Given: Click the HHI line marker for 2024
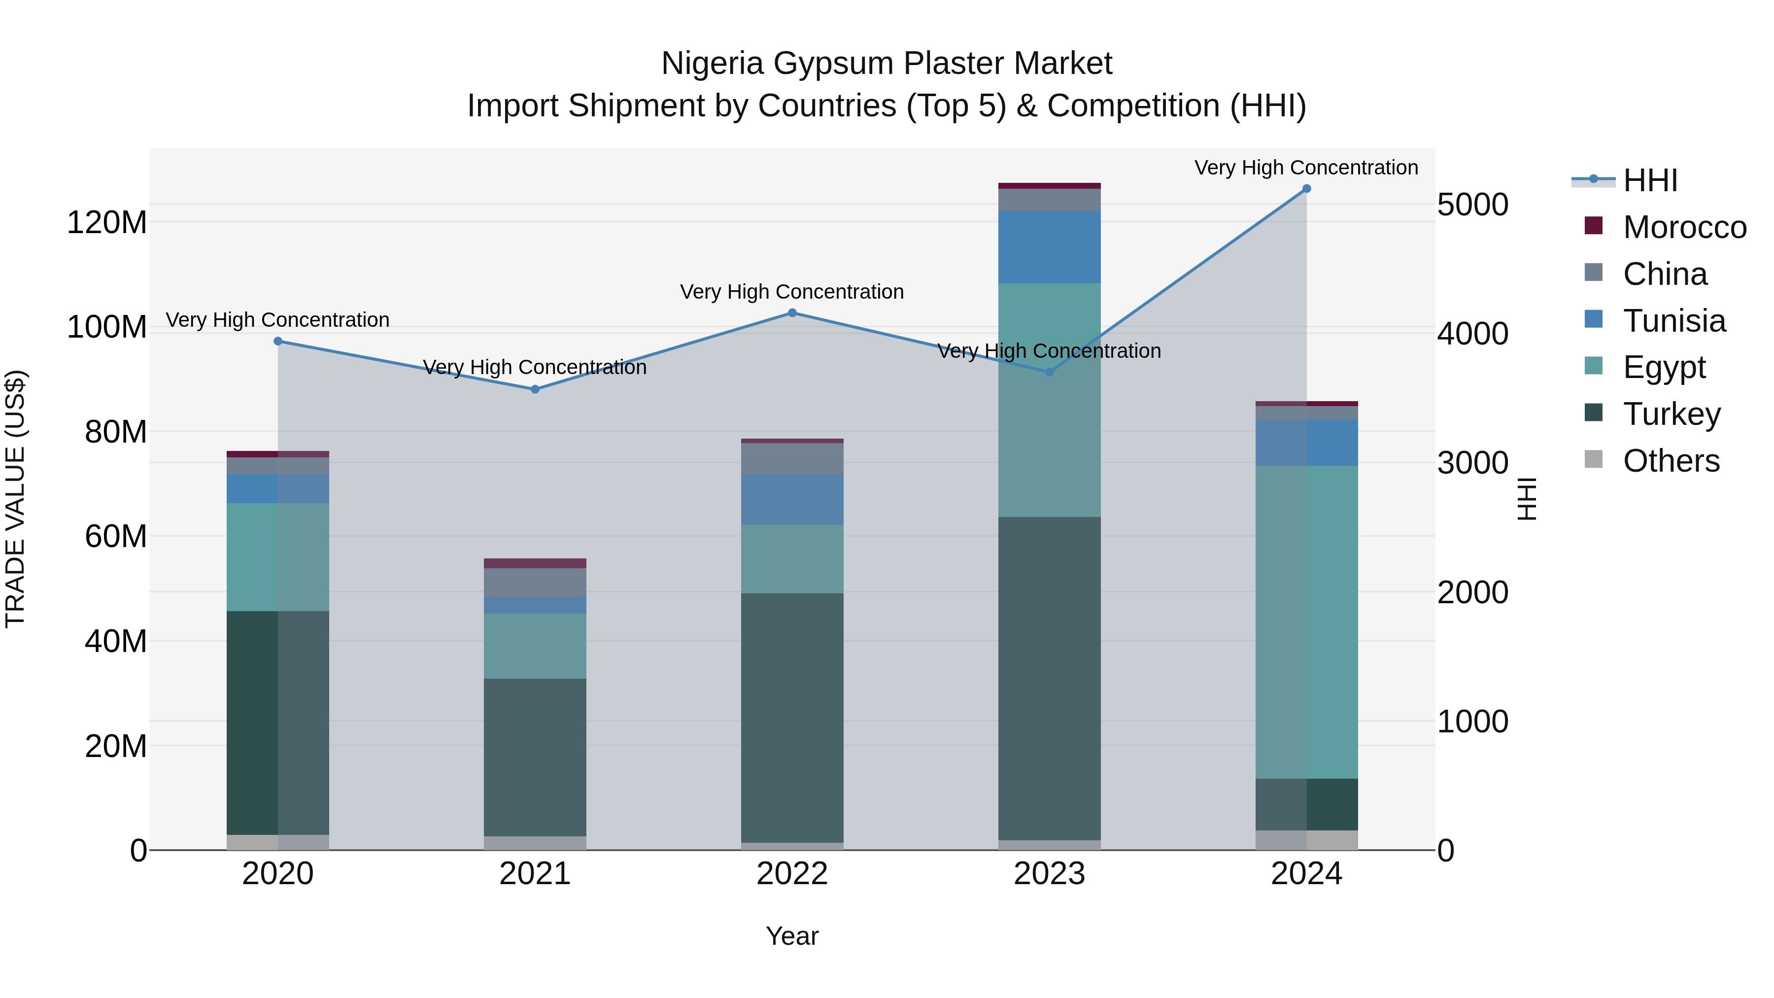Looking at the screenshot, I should [1306, 189].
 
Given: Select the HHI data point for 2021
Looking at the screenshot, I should [535, 389].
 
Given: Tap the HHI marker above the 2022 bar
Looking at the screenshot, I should [792, 312].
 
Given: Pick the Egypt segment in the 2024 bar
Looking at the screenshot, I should [1306, 622].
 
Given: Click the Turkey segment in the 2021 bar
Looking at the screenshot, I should [535, 757].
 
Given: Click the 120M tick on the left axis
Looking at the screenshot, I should [107, 222].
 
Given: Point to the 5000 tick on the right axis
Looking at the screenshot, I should [1472, 205].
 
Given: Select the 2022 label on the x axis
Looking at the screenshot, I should [792, 874].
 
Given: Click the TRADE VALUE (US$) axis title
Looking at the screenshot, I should [15, 499].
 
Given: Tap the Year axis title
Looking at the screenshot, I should [792, 936].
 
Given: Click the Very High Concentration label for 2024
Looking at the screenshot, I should [1306, 168].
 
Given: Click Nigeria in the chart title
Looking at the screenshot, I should [713, 64].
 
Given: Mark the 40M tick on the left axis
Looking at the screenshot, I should [116, 641].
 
